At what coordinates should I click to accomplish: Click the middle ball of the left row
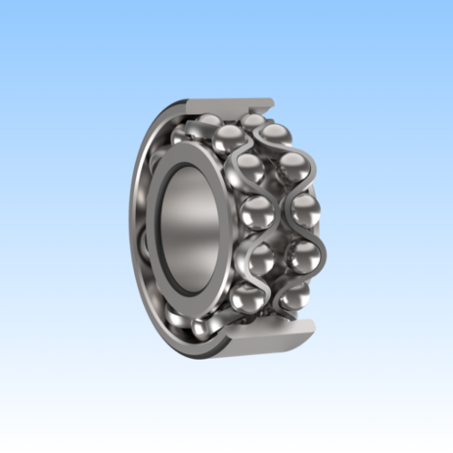point(257,214)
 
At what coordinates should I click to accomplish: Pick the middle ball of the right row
point(305,214)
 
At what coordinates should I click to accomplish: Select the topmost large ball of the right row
point(274,137)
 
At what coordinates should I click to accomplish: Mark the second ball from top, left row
point(246,169)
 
